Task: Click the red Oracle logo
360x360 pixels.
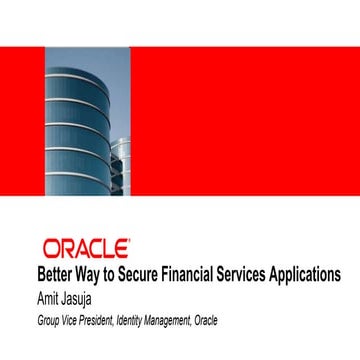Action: pyautogui.click(x=85, y=246)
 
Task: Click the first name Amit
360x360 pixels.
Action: pyautogui.click(x=47, y=296)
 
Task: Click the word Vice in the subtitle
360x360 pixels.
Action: pyautogui.click(x=70, y=319)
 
